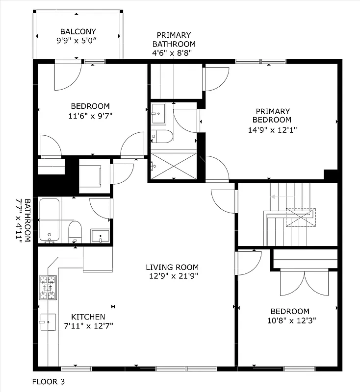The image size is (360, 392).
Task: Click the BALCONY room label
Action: coord(78,31)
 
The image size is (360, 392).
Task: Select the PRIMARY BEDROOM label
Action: coord(272,116)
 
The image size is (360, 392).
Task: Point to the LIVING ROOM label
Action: coord(172,267)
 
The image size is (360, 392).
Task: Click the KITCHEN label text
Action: coord(88,317)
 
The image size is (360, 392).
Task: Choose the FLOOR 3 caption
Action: coord(49,381)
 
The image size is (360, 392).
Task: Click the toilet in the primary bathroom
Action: coord(161,136)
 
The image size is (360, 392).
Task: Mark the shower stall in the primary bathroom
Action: coord(175,166)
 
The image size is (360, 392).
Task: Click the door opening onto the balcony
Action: coord(68,75)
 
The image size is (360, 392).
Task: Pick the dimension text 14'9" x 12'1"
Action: coord(272,130)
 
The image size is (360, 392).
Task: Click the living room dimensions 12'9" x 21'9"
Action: coord(172,276)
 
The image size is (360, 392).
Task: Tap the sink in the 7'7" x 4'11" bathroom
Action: coord(101,236)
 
